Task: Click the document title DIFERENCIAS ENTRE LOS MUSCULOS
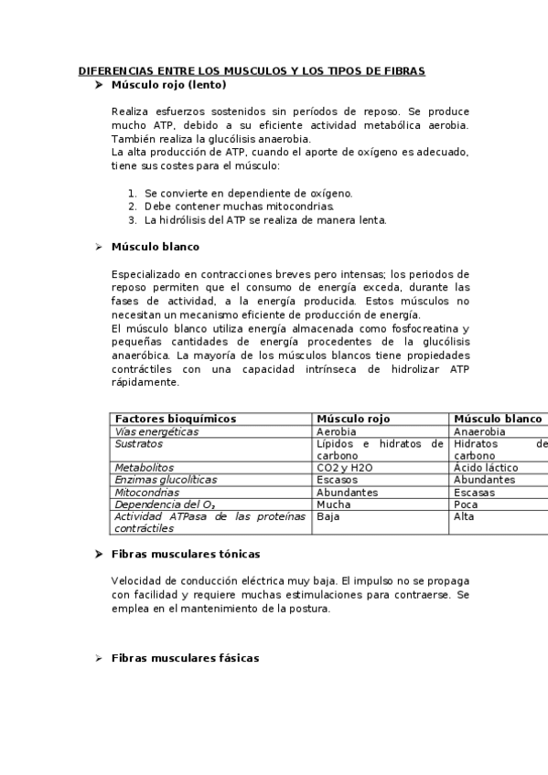click(252, 70)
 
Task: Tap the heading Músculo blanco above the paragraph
click(155, 247)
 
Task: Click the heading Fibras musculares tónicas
click(185, 554)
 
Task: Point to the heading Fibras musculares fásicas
click(185, 658)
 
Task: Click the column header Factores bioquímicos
click(176, 419)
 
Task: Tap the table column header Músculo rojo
click(352, 419)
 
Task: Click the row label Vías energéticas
click(156, 431)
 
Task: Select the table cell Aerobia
click(337, 431)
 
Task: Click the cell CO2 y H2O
click(344, 467)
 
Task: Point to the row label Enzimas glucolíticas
click(166, 479)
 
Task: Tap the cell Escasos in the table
click(337, 479)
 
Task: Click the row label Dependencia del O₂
click(165, 504)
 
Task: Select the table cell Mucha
click(333, 504)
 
